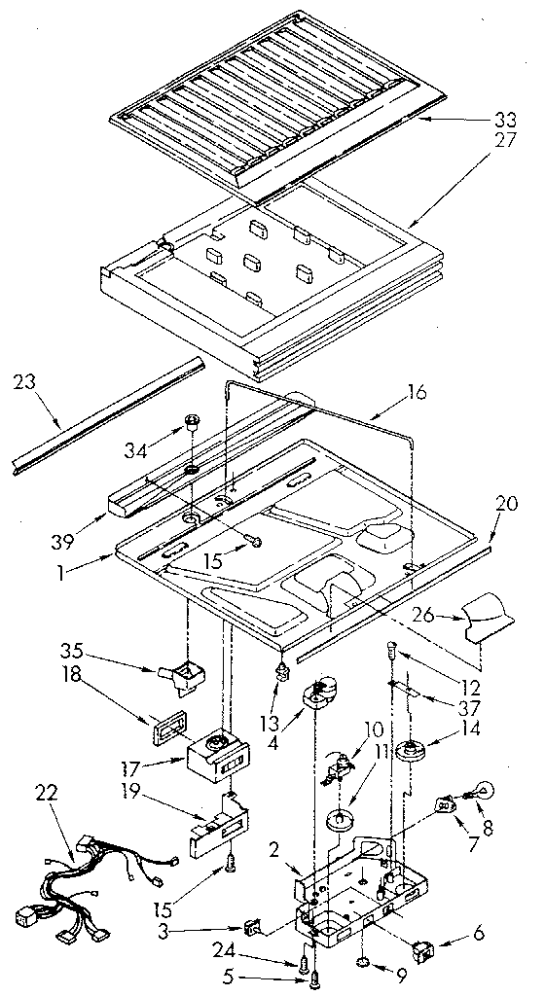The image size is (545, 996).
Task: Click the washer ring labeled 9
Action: [x=362, y=963]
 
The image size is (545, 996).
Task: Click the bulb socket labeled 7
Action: [x=446, y=807]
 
